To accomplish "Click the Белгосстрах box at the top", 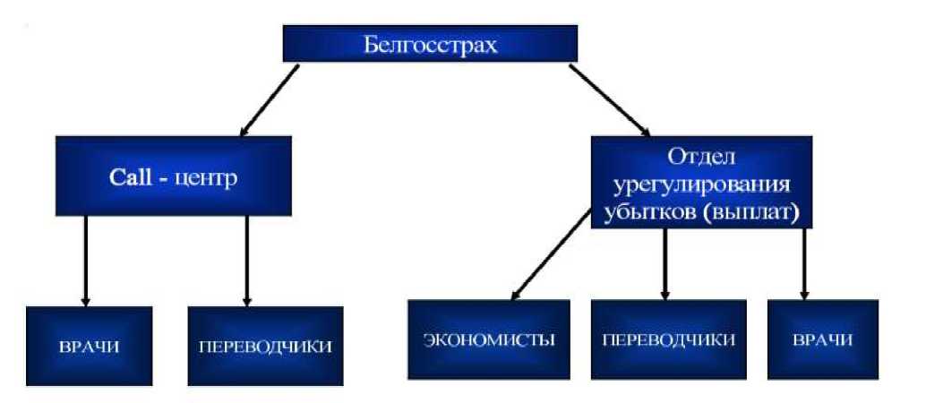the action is (430, 43).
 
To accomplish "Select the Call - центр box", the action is (173, 177).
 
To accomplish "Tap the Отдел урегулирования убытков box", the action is (702, 182).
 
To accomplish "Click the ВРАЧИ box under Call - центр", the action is (88, 346).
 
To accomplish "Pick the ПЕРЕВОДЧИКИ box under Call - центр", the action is (265, 346).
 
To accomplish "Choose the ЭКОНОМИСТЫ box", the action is (489, 340).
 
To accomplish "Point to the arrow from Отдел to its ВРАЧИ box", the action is (803, 263).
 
